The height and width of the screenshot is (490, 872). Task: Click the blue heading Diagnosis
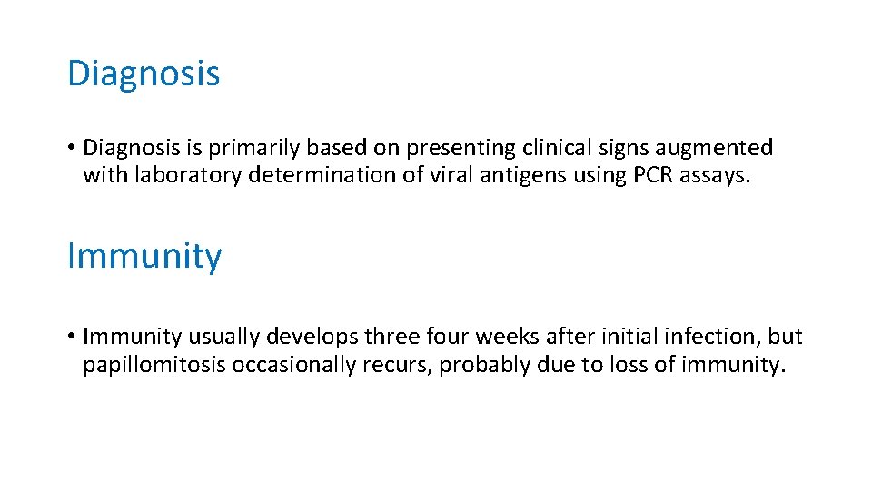pyautogui.click(x=144, y=73)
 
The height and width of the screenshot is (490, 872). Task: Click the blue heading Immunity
pyautogui.click(x=144, y=257)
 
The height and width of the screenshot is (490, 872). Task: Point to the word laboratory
pyautogui.click(x=188, y=175)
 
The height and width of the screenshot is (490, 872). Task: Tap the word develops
pyautogui.click(x=312, y=338)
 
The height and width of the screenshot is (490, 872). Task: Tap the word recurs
pyautogui.click(x=396, y=366)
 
